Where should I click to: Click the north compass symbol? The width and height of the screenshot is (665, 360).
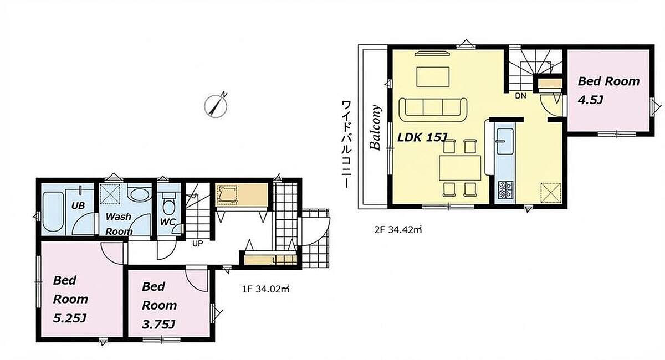pyautogui.click(x=216, y=105)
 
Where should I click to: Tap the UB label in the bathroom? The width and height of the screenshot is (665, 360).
pyautogui.click(x=78, y=205)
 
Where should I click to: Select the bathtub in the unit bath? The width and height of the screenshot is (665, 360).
pyautogui.click(x=53, y=212)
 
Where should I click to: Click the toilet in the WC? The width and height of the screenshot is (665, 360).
pyautogui.click(x=168, y=204)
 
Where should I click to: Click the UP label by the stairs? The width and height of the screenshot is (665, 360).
pyautogui.click(x=198, y=244)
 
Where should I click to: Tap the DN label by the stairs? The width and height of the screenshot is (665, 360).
pyautogui.click(x=520, y=96)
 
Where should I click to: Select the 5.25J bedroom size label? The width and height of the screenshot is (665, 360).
pyautogui.click(x=70, y=318)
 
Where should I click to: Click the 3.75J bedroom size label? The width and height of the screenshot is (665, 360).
pyautogui.click(x=158, y=325)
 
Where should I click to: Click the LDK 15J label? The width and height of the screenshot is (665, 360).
pyautogui.click(x=422, y=137)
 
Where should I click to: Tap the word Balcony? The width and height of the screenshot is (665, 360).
pyautogui.click(x=375, y=127)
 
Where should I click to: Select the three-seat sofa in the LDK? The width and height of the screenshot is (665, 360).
pyautogui.click(x=433, y=110)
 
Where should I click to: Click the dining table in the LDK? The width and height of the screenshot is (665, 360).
pyautogui.click(x=460, y=168)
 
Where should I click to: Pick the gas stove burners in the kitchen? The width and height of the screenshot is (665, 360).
pyautogui.click(x=505, y=190)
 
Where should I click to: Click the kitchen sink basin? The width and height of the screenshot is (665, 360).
pyautogui.click(x=505, y=141)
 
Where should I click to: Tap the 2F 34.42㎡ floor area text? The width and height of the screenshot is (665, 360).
pyautogui.click(x=398, y=230)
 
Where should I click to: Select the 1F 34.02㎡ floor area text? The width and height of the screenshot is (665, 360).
pyautogui.click(x=265, y=289)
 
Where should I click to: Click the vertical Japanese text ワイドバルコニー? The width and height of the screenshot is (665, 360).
pyautogui.click(x=346, y=145)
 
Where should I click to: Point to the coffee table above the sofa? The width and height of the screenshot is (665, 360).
pyautogui.click(x=433, y=77)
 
